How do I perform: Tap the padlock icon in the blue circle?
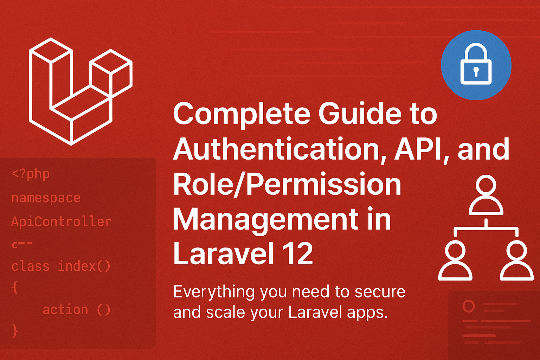tap(476, 65)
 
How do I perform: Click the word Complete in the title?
tap(242, 114)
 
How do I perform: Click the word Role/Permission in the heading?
tap(287, 184)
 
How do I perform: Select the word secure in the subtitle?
tap(380, 292)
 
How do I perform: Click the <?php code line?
tap(31, 174)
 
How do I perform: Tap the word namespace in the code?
tap(46, 198)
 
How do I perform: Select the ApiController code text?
tap(62, 221)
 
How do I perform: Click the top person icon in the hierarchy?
tap(486, 195)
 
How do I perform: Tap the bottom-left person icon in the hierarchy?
tap(455, 261)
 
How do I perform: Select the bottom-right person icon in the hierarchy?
tap(516, 261)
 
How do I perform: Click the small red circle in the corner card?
tap(468, 306)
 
